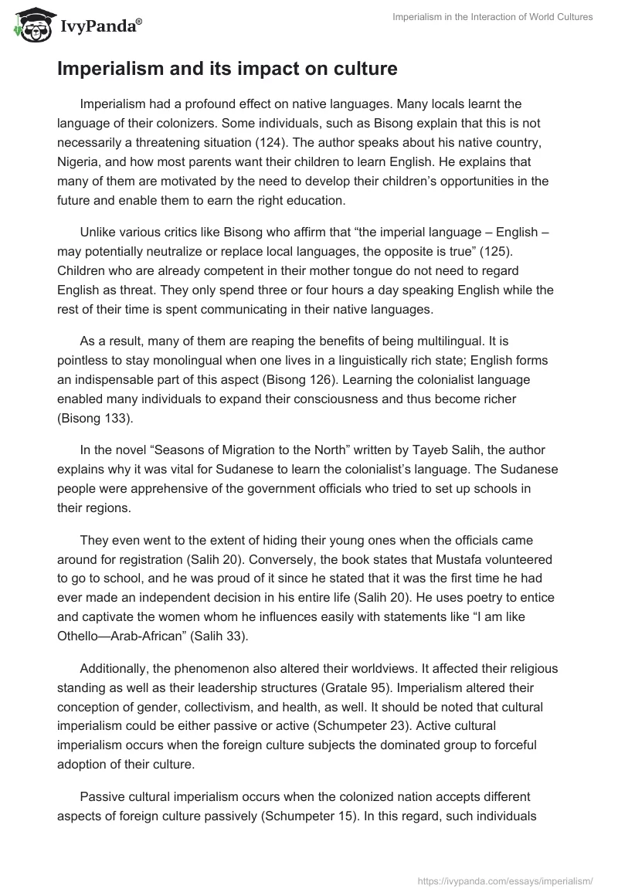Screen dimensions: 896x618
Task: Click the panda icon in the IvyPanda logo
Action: (29, 25)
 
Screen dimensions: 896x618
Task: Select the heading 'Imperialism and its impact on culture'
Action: (227, 70)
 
